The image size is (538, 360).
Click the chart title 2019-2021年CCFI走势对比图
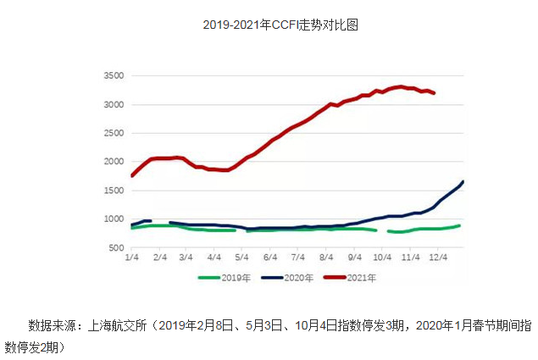280,25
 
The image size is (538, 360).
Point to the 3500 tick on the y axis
114,75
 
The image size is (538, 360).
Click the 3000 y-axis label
114,105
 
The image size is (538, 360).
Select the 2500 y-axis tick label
114,133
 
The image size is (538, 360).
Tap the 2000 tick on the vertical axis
114,161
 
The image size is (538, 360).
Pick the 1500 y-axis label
114,191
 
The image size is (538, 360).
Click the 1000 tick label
114,219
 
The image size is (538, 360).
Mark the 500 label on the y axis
116,248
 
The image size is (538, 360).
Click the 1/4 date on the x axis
132,258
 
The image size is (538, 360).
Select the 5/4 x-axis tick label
241,258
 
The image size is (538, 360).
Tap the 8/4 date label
326,258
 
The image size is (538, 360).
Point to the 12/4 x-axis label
438,258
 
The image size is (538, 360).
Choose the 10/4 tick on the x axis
382,258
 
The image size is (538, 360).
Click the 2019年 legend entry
225,278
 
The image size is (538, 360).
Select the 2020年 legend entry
287,278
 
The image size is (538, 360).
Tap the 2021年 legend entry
350,278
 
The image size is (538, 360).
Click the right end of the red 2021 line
435,93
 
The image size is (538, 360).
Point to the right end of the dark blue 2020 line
463,182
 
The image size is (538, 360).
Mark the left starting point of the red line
132,175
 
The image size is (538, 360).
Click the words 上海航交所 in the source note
118,325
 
